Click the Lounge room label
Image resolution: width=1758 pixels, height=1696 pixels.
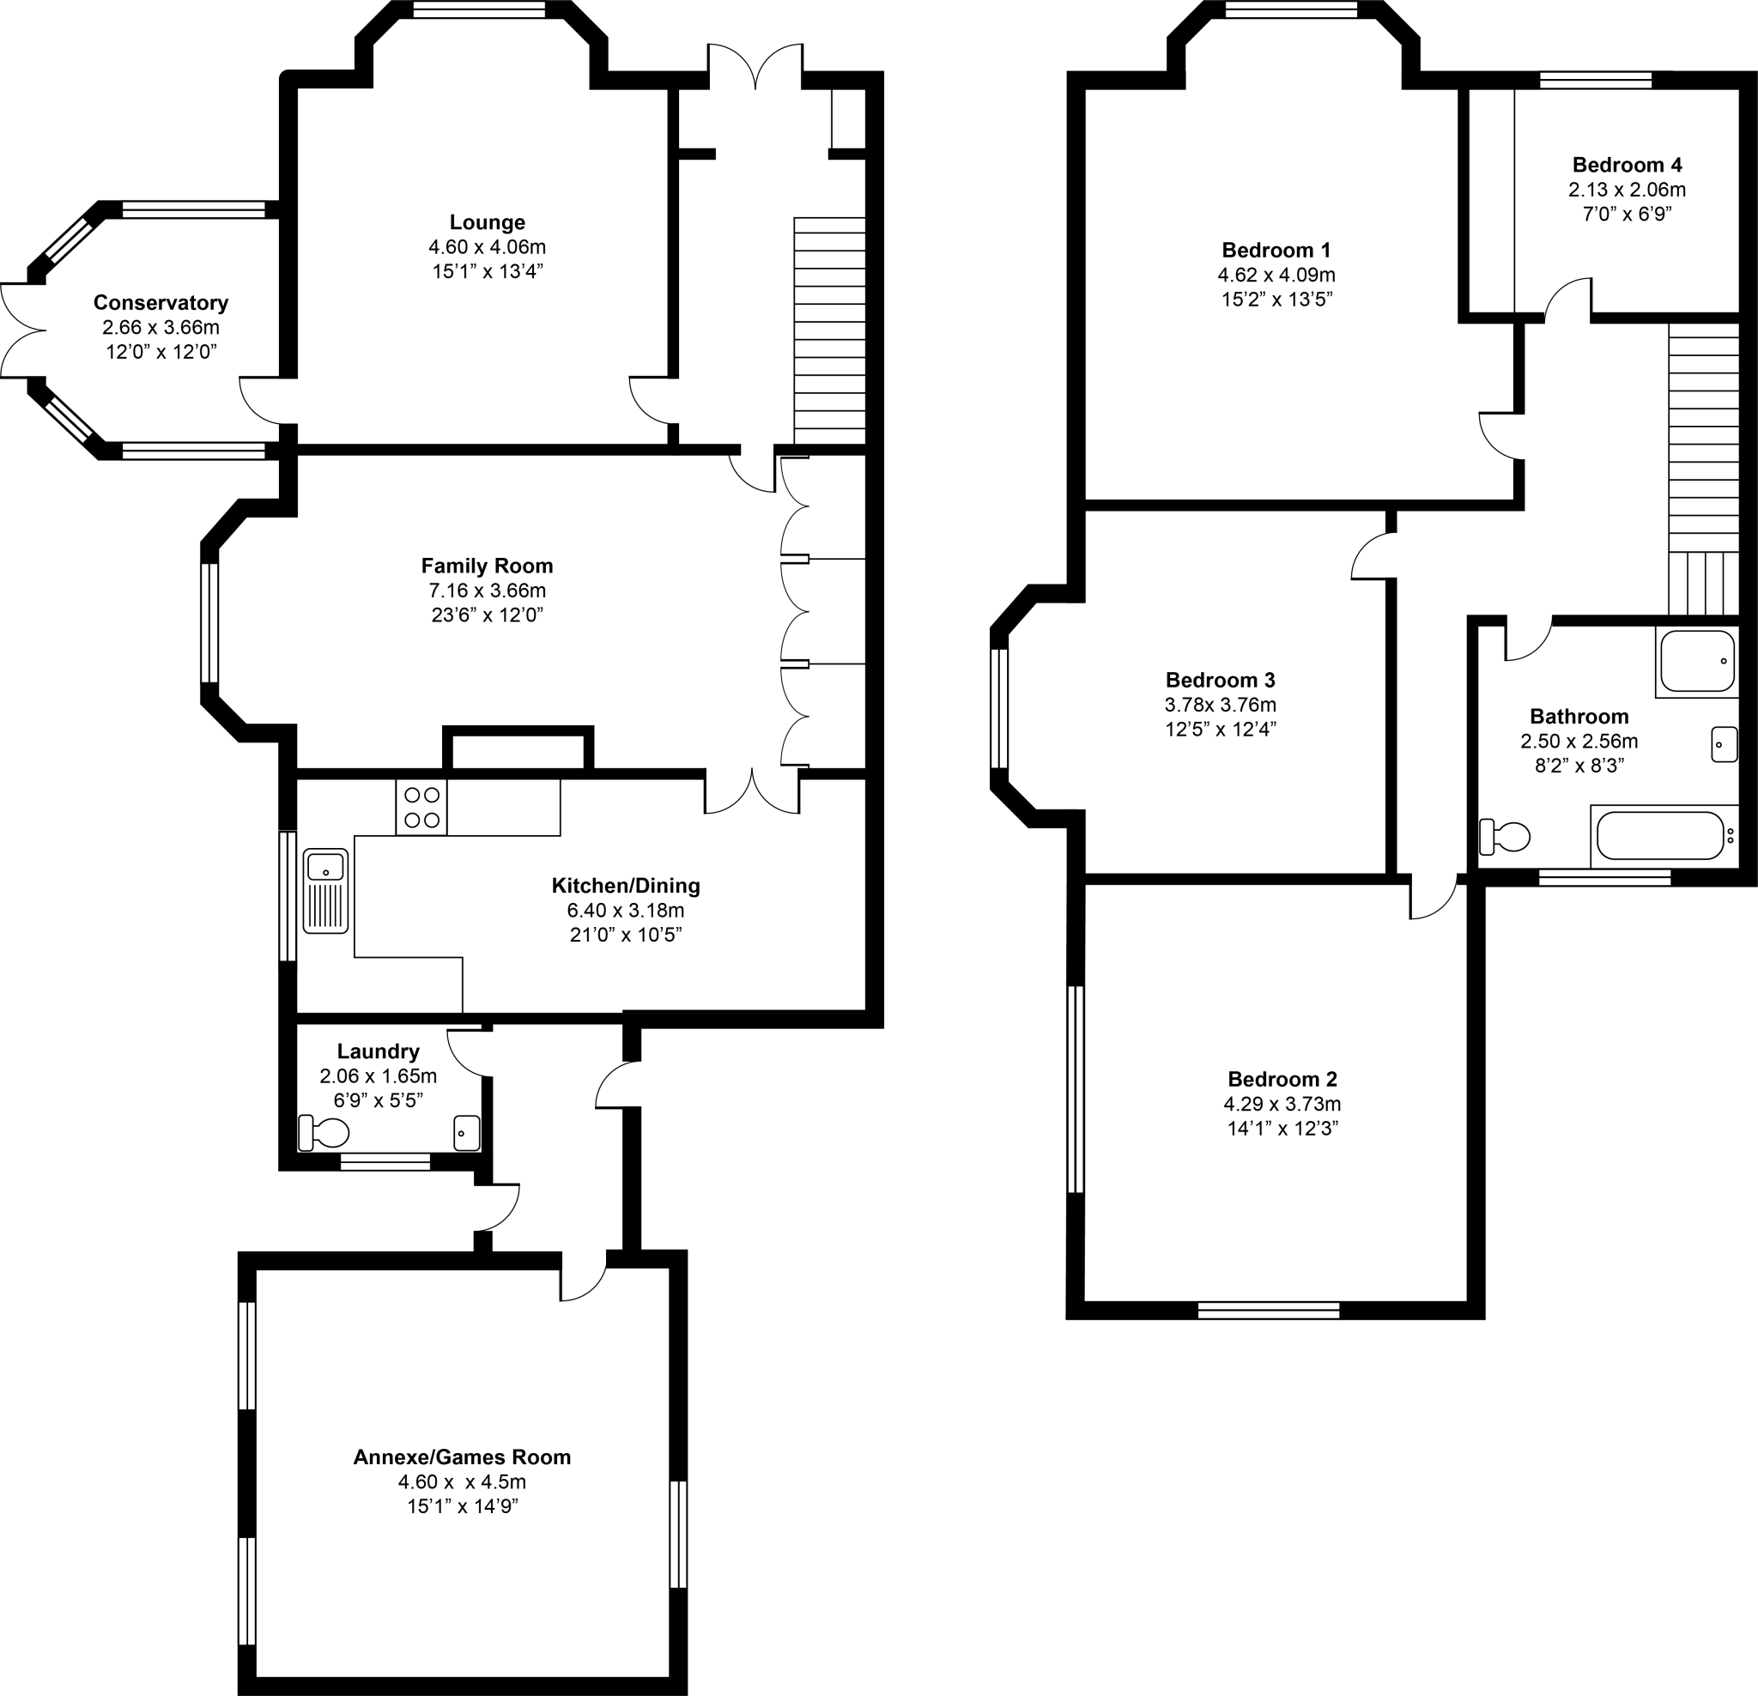pos(487,222)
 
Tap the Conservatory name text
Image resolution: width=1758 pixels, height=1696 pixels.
pos(161,303)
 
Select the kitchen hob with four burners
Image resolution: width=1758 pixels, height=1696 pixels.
pos(421,807)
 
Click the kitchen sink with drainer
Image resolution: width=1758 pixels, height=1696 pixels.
pos(325,891)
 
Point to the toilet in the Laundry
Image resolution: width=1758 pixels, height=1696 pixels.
pos(324,1134)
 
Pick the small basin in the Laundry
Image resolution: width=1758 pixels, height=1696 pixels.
pos(466,1132)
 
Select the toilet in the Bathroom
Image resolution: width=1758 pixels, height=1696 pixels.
pos(1505,837)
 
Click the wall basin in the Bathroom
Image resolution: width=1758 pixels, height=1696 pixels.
pos(1724,744)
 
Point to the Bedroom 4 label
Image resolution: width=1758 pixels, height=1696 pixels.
pos(1626,165)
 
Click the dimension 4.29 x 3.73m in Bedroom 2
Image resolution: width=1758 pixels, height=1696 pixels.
pos(1282,1104)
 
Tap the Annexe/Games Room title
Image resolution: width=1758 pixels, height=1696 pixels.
pos(462,1457)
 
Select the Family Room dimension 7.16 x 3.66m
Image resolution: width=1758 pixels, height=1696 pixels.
pos(487,591)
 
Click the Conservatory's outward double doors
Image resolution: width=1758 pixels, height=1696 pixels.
pos(20,330)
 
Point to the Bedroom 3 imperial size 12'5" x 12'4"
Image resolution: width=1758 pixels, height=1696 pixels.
pos(1220,730)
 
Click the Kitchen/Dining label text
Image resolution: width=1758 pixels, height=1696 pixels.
pos(625,886)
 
